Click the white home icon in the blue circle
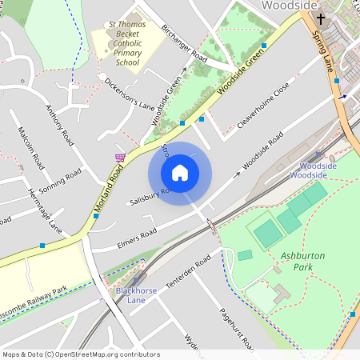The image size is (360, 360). click(180, 173)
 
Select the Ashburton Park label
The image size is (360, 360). click(303, 261)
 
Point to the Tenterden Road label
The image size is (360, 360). click(186, 274)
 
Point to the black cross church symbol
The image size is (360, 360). click(322, 19)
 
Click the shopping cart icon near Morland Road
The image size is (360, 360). click(120, 157)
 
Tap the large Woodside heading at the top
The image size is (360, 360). click(290, 6)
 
